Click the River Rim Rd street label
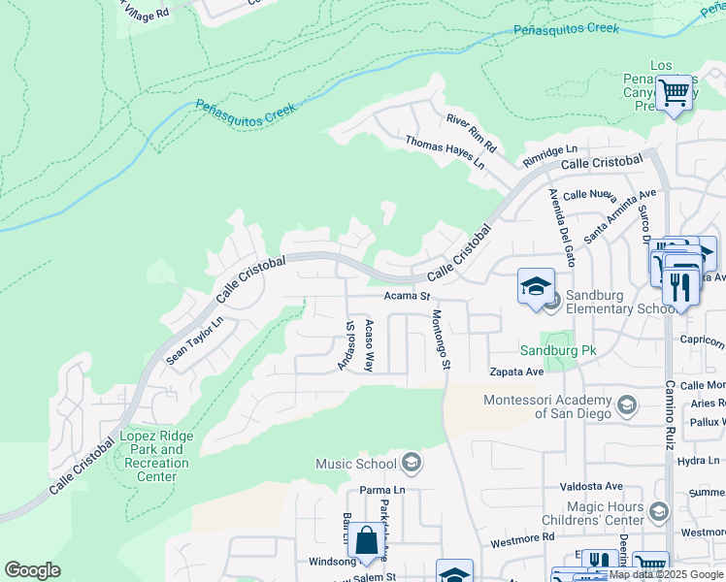pyautogui.click(x=471, y=133)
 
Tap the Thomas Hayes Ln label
pyautogui.click(x=445, y=152)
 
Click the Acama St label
pyautogui.click(x=407, y=295)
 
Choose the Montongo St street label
pyautogui.click(x=441, y=339)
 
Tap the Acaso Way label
pyautogui.click(x=369, y=345)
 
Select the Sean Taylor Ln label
pyautogui.click(x=195, y=340)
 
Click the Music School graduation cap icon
pyautogui.click(x=412, y=463)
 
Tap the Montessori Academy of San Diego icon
pyautogui.click(x=627, y=404)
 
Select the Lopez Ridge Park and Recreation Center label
pyautogui.click(x=156, y=456)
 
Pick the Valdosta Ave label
pyautogui.click(x=589, y=487)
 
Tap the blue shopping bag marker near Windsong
pyautogui.click(x=368, y=541)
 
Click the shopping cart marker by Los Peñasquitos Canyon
pyautogui.click(x=673, y=94)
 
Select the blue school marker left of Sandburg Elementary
pyautogui.click(x=536, y=286)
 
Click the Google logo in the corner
pyautogui.click(x=32, y=570)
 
